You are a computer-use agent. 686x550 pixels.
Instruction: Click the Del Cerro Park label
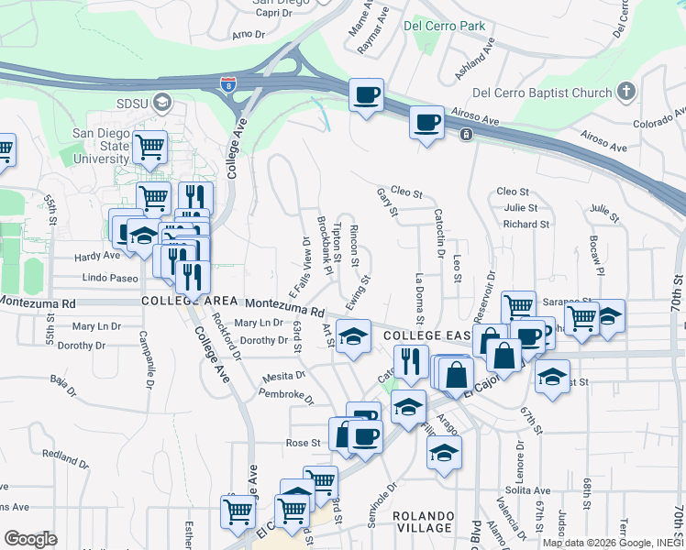coord(444,26)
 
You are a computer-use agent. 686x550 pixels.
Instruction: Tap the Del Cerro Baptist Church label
coord(541,93)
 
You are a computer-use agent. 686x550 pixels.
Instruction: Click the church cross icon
coord(626,91)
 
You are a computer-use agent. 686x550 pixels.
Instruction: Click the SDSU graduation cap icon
coord(163,101)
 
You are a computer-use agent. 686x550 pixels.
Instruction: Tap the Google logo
coord(31,538)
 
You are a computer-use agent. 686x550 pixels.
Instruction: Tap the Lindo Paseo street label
coord(109,278)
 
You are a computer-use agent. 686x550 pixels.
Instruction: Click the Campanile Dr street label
coord(148,361)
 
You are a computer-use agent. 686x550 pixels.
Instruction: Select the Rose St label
coord(303,443)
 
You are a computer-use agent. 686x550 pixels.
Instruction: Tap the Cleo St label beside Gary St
coord(405,193)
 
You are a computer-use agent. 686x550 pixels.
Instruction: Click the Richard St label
coord(526,224)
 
